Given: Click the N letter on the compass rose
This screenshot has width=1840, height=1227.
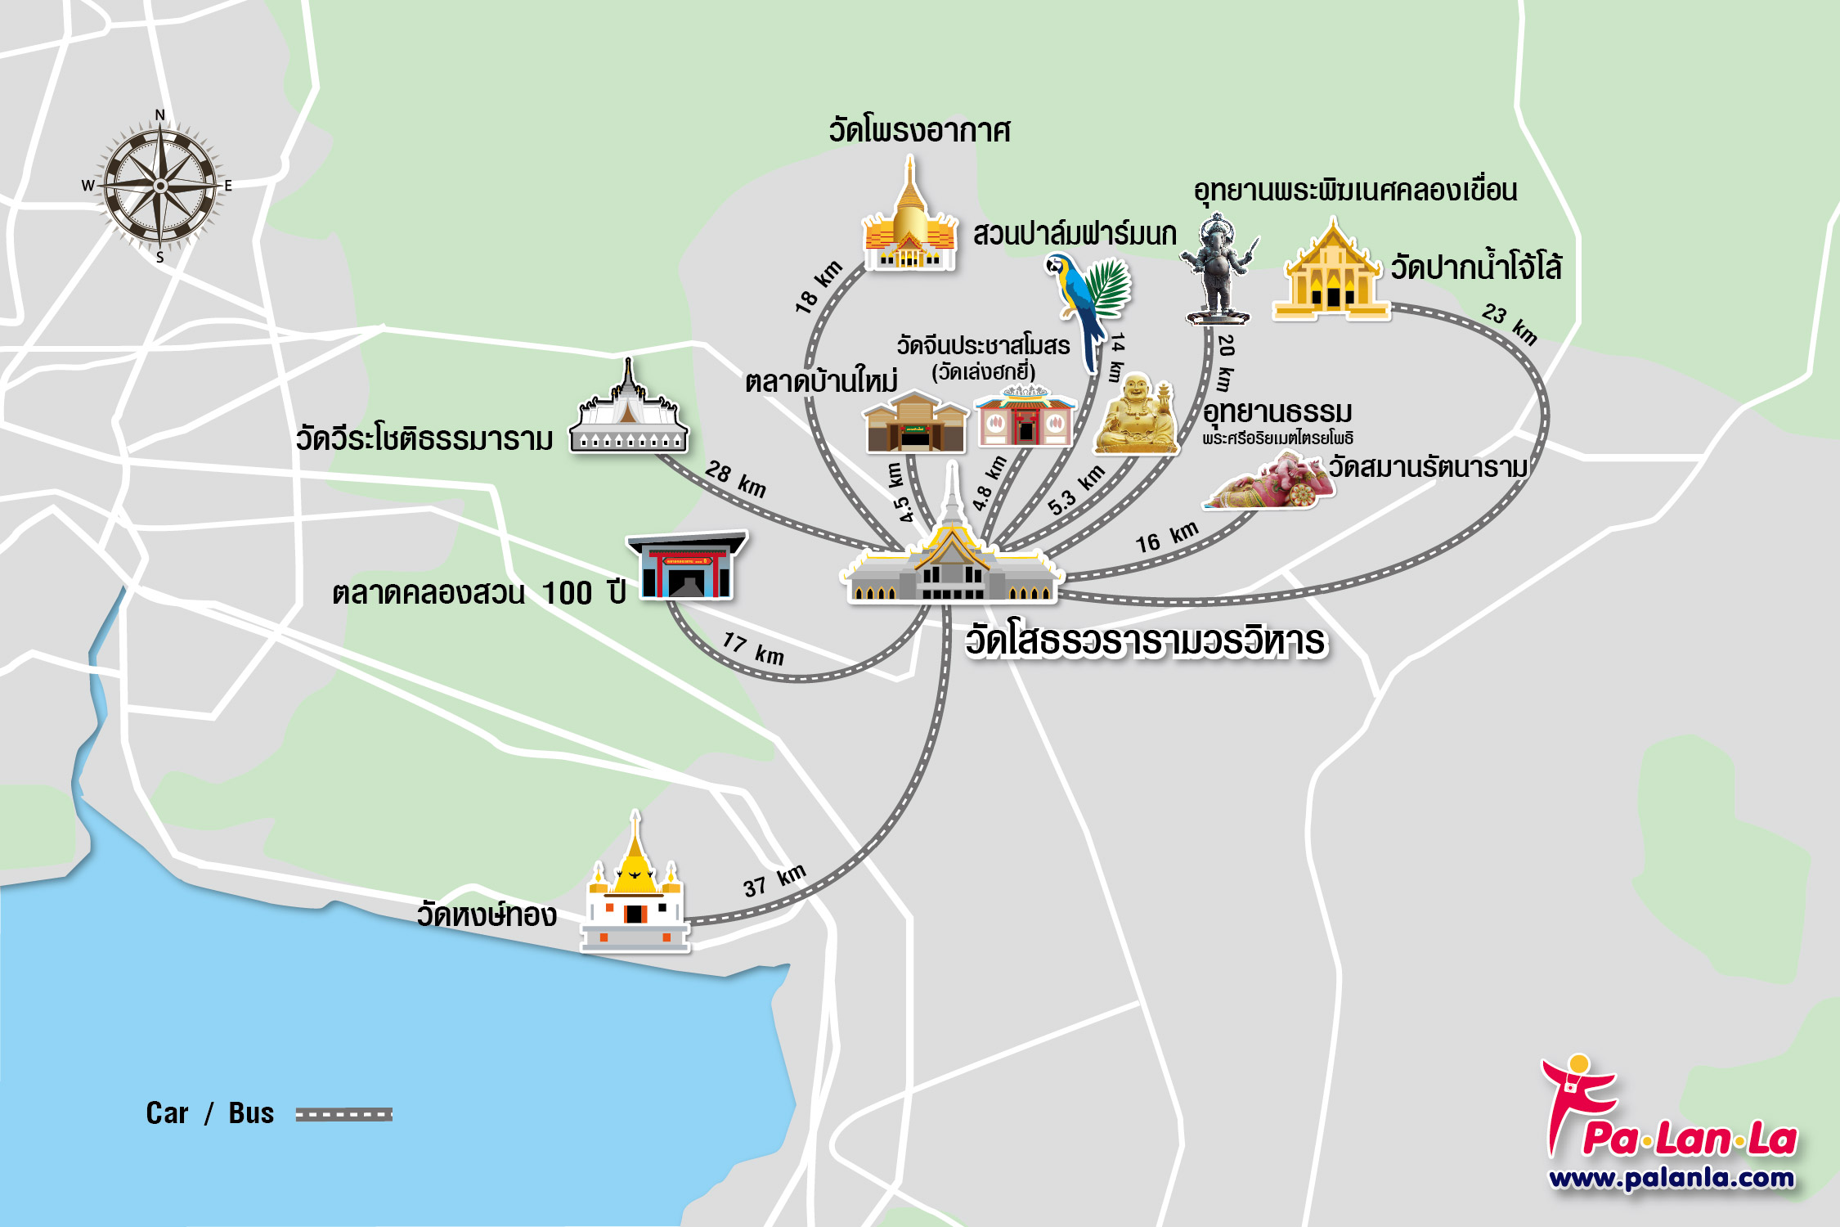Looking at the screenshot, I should coord(160,115).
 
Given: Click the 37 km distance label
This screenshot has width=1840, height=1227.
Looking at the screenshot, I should coord(774,881).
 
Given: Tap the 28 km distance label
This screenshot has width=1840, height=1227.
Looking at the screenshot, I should coord(736,479).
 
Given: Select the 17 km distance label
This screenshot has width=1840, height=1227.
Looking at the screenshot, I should coord(753,649).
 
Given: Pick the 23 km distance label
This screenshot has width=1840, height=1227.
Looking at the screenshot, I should coord(1510,323).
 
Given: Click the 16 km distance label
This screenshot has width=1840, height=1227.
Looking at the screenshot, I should coord(1166,537).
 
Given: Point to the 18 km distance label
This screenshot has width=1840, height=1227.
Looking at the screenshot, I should coord(818,287).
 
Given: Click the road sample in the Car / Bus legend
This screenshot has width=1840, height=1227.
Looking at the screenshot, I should coord(343,1114).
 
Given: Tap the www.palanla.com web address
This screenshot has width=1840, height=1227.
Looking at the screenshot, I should coord(1671,1178).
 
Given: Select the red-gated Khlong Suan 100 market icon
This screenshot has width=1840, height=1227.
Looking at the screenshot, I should coord(686,566).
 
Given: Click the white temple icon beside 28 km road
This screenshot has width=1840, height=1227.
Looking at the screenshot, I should coord(628,413).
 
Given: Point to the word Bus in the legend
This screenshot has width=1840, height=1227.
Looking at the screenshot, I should coord(251,1113).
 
